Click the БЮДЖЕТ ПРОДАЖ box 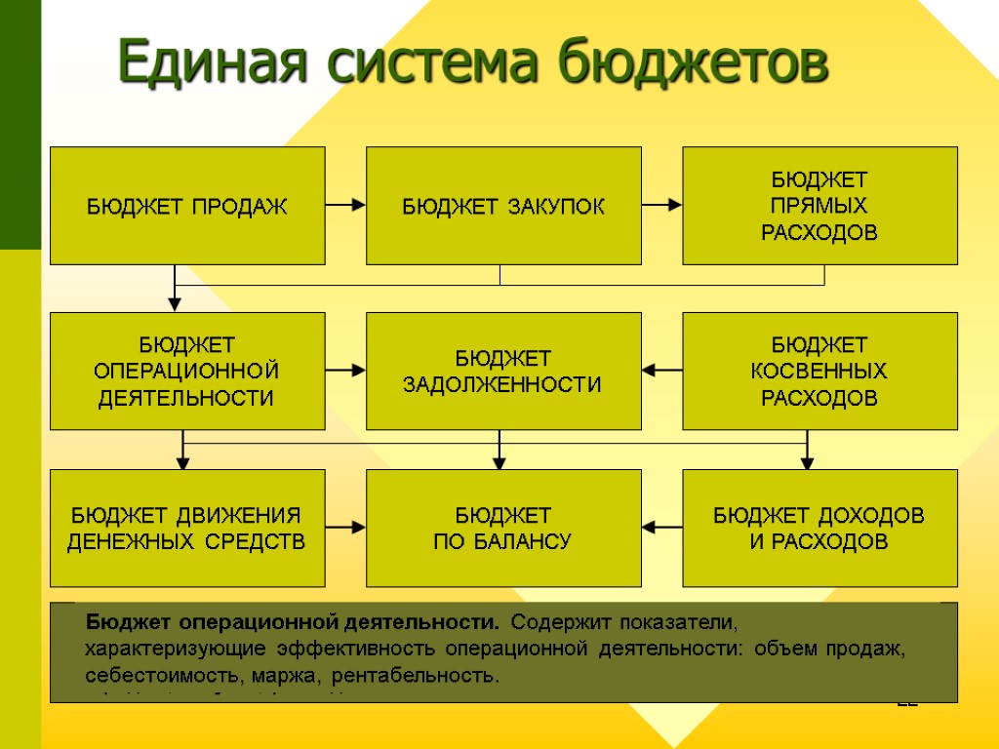click(x=187, y=206)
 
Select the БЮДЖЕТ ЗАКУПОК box click(x=503, y=206)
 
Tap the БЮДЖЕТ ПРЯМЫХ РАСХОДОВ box click(x=819, y=206)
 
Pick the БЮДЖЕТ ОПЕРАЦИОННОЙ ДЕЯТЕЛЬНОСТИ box click(x=187, y=371)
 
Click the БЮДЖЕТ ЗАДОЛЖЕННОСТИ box click(x=503, y=371)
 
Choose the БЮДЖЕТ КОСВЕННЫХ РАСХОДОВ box click(x=819, y=371)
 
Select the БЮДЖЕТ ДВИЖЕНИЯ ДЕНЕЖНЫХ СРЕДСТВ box click(x=187, y=528)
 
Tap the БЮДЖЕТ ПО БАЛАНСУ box click(x=503, y=528)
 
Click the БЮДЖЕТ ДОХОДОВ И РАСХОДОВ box click(x=819, y=528)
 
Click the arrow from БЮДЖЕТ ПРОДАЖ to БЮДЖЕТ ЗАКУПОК click(x=345, y=205)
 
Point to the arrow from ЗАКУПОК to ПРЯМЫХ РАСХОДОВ click(x=661, y=205)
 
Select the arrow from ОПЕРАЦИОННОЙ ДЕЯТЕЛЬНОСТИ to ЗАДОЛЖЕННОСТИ click(x=345, y=371)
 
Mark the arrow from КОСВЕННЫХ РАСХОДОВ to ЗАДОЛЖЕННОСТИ click(x=661, y=371)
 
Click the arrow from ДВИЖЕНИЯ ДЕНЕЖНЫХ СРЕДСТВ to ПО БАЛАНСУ click(x=345, y=528)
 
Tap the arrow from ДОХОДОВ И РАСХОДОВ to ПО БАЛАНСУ click(x=661, y=528)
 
